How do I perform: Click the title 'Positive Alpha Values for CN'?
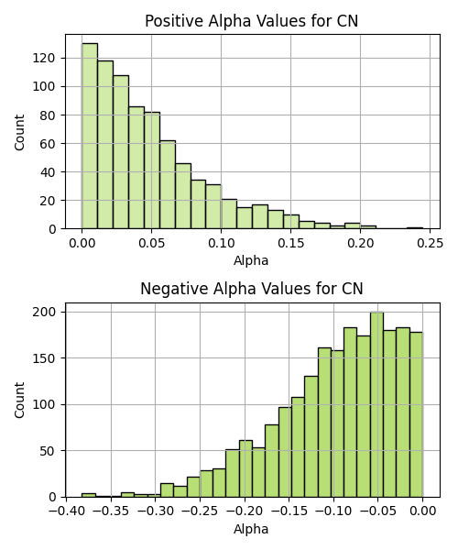[251, 21]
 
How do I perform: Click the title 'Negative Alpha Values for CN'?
[251, 289]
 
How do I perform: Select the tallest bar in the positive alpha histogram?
[90, 136]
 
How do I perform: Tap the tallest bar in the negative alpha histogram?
[376, 404]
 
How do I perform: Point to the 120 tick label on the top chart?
[44, 58]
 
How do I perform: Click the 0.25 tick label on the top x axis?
[430, 243]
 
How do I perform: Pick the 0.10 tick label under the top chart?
[221, 243]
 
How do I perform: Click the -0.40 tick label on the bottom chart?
[67, 511]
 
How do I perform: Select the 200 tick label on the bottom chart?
[44, 312]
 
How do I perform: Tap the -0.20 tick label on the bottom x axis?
[245, 511]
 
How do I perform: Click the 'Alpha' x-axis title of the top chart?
[251, 260]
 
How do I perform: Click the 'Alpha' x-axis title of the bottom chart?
[251, 529]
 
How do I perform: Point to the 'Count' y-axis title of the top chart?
[19, 132]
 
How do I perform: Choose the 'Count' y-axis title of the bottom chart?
[19, 401]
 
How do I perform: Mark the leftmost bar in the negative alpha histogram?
[89, 495]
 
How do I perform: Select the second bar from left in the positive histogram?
[105, 145]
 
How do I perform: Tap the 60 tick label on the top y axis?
[48, 144]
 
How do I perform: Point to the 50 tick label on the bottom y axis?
[48, 451]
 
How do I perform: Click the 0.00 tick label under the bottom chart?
[423, 511]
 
